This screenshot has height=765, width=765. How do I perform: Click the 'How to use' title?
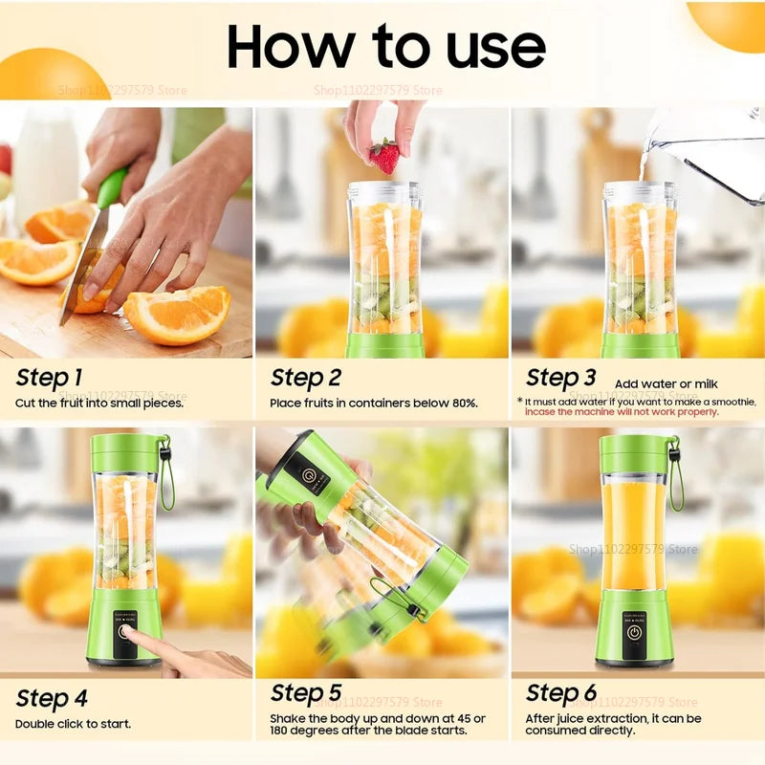385,45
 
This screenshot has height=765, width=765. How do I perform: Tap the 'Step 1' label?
49,378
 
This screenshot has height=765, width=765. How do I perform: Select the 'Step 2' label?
306,378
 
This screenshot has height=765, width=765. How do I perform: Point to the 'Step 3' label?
561,378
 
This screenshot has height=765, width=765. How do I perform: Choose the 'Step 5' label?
306,692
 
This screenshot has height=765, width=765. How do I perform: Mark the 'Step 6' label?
561,692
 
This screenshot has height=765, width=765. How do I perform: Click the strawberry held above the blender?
384,156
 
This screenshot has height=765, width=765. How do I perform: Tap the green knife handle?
112,187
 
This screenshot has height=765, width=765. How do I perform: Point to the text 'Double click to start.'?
73,724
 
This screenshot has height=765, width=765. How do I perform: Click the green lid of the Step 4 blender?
125,452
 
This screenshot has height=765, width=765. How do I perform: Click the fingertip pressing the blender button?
130,635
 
